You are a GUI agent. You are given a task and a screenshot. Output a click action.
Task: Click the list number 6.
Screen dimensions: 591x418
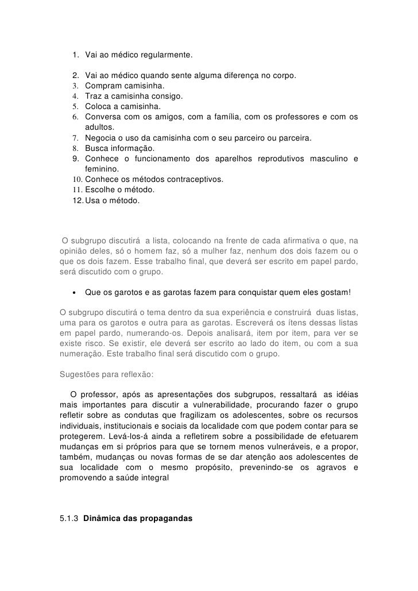tap(75, 118)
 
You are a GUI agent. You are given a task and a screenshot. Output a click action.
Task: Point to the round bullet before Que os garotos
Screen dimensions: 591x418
tap(74, 293)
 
